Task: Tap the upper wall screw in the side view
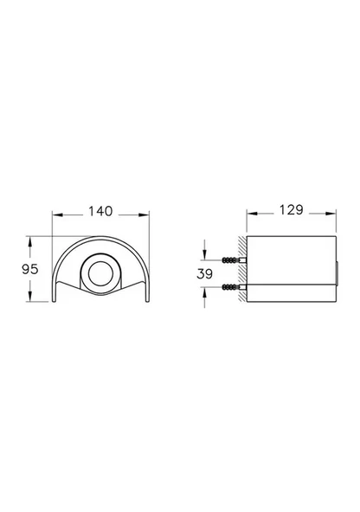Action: pyautogui.click(x=231, y=259)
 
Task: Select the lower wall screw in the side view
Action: pyautogui.click(x=231, y=286)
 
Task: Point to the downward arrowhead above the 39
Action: pyautogui.click(x=204, y=254)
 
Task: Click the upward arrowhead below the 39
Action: pyautogui.click(x=204, y=291)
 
